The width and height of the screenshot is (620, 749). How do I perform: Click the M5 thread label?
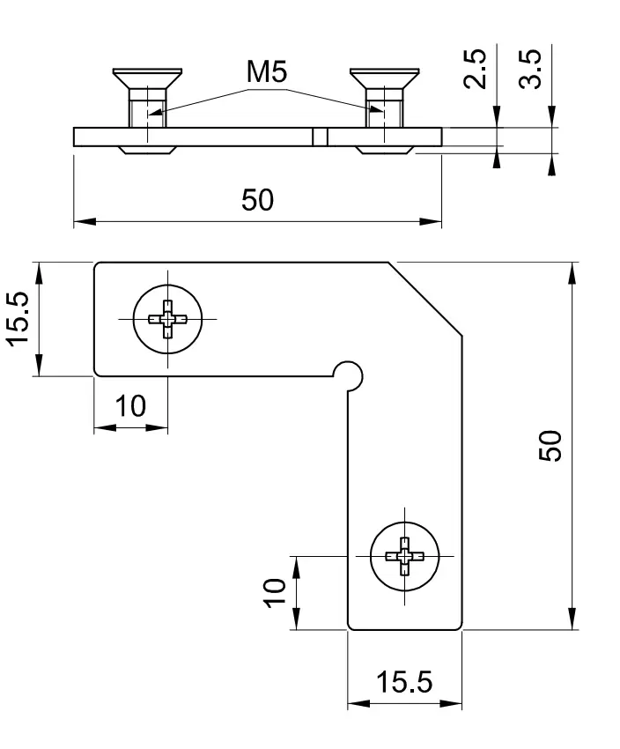coord(268,74)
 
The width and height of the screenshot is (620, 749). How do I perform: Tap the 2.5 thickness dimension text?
coord(475,69)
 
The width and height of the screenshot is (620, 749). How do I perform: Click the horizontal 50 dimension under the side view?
coord(257,201)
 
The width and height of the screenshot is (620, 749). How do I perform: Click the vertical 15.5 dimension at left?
coord(18,320)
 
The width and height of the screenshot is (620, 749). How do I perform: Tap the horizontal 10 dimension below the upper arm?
coord(130,406)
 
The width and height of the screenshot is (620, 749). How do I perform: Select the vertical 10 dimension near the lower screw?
coord(275,592)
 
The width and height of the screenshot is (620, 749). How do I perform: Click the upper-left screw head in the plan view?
coord(167,318)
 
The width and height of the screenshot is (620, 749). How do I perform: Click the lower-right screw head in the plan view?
coord(404,556)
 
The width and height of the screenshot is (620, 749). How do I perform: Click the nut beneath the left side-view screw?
coord(146,150)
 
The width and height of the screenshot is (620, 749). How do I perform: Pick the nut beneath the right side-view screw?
coord(383,150)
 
